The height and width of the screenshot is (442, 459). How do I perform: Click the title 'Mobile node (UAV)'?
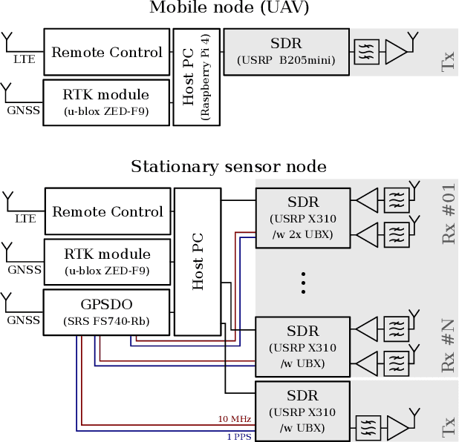tap(229, 8)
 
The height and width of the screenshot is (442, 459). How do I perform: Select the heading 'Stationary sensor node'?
tap(229, 166)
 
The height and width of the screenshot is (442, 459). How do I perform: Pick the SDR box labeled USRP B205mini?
tap(286, 52)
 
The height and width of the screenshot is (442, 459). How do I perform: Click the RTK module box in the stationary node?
tap(107, 261)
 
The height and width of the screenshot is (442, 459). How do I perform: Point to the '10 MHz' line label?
tap(235, 420)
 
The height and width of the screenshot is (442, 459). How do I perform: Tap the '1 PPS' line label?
tap(238, 435)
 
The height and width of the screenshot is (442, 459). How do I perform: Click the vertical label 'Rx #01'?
tap(447, 214)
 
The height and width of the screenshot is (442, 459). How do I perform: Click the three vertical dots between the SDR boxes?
tap(303, 282)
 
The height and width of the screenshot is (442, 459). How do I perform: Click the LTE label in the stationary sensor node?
tap(25, 219)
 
